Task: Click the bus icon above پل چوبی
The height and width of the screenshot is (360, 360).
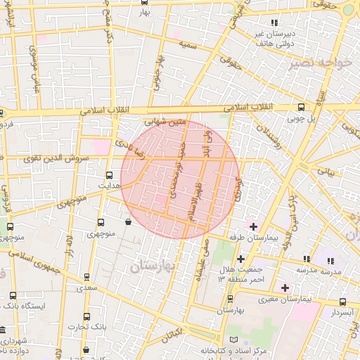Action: pyautogui.click(x=302, y=108)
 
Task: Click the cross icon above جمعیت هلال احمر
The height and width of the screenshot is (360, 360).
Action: pyautogui.click(x=241, y=259)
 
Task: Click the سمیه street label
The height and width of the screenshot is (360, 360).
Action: pyautogui.click(x=188, y=44)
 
